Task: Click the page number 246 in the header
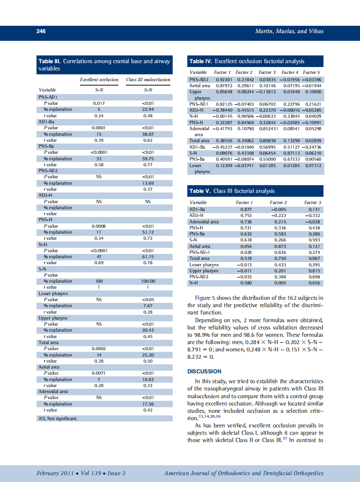pos(41,31)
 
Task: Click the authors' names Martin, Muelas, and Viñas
pos(289,31)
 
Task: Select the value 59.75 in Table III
pos(148,159)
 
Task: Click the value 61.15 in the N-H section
pos(148,256)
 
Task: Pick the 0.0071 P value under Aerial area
pos(99,373)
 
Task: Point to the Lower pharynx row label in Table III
pos(54,293)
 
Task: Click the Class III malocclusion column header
pos(148,79)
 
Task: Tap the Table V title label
pos(201,191)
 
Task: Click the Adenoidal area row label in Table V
pos(204,222)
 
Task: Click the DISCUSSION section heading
pos(204,371)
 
